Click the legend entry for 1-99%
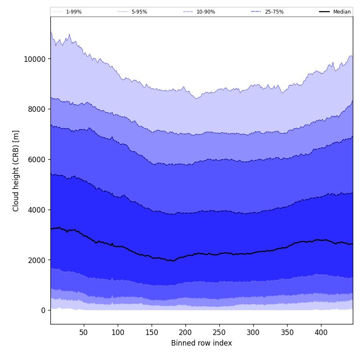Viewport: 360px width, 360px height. click(x=74, y=12)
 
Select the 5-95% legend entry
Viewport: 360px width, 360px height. click(x=139, y=12)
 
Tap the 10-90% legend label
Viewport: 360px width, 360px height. click(x=205, y=12)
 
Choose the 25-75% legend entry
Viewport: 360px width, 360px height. click(x=274, y=12)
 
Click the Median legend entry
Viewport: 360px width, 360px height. click(x=342, y=12)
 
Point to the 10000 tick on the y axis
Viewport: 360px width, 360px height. click(x=35, y=59)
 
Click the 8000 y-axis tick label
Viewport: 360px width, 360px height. click(x=36, y=109)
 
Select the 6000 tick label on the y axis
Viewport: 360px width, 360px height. click(x=36, y=159)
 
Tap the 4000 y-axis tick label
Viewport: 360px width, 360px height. click(x=36, y=210)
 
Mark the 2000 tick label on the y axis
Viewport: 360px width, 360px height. click(x=36, y=260)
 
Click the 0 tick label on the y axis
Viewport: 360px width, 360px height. click(x=43, y=310)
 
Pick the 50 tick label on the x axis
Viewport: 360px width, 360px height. click(x=84, y=332)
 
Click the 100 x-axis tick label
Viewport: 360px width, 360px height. click(x=118, y=332)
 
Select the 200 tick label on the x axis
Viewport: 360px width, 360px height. click(x=186, y=332)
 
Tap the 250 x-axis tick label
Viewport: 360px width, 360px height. click(x=219, y=332)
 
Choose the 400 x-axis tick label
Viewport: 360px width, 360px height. click(x=321, y=332)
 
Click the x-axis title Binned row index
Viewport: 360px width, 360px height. click(x=202, y=343)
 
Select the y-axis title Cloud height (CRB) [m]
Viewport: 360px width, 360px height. click(x=17, y=171)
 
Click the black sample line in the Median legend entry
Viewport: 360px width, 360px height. click(x=325, y=12)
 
